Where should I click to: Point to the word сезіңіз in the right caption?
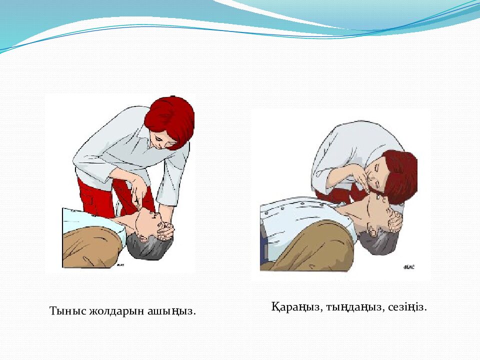[x=407, y=307]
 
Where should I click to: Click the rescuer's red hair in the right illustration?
[x=399, y=174]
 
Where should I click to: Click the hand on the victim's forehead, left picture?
[x=166, y=230]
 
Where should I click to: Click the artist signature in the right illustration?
[x=409, y=267]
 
